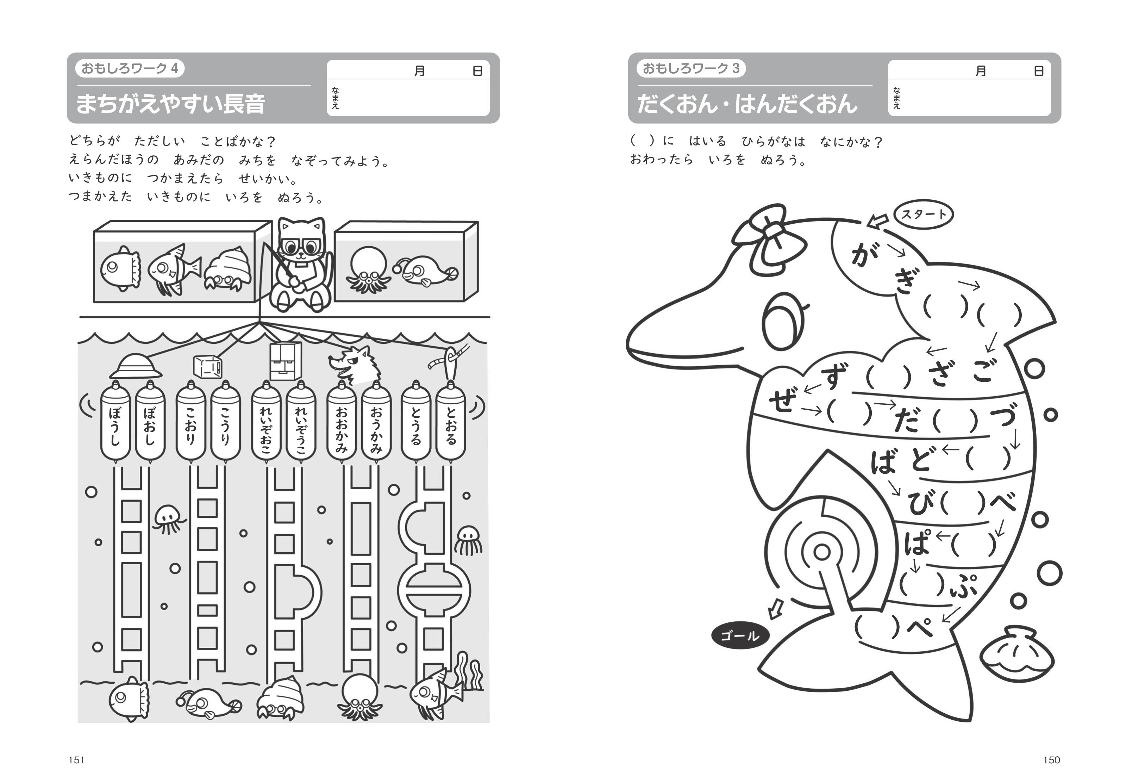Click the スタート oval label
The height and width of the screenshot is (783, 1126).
[x=924, y=215]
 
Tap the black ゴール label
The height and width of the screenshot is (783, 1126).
[x=740, y=636]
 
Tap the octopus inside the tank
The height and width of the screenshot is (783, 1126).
[x=368, y=270]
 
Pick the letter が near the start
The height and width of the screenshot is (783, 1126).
[x=865, y=254]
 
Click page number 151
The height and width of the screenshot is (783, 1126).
[x=76, y=760]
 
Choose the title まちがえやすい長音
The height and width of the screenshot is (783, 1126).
[x=171, y=104]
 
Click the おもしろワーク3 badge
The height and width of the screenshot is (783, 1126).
[x=691, y=68]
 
